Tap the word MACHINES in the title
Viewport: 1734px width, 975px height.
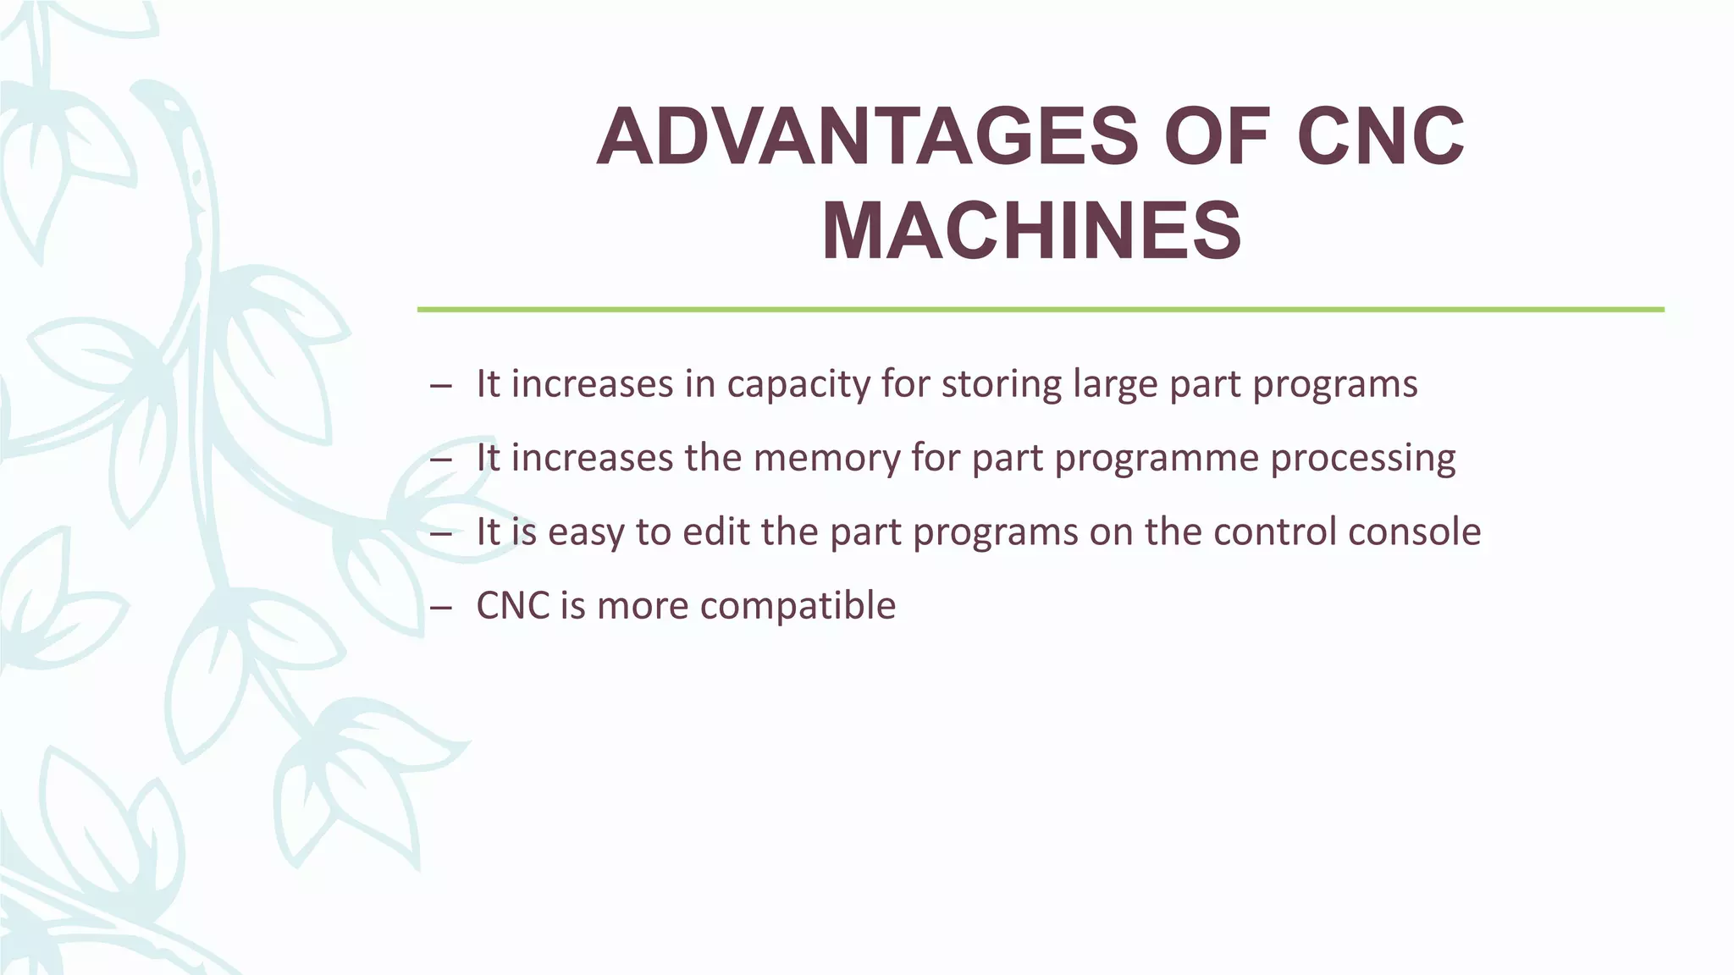[x=1031, y=231]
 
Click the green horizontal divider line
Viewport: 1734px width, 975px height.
[x=1040, y=310]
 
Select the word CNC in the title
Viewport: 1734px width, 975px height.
[x=1380, y=138]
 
